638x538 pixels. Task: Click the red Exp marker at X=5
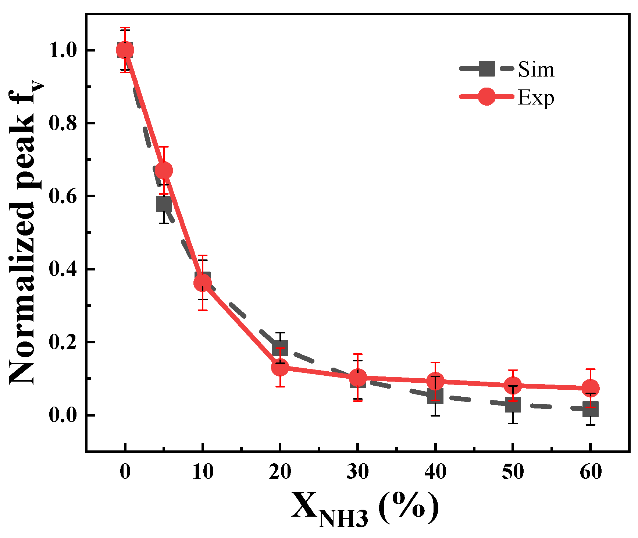[164, 170]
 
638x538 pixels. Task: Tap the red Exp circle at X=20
[280, 367]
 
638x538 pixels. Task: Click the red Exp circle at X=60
[591, 388]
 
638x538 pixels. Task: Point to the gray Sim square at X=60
[591, 409]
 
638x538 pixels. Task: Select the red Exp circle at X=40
[435, 381]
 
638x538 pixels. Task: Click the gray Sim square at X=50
[513, 405]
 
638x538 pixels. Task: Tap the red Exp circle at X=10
[202, 283]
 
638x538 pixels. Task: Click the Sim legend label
[536, 69]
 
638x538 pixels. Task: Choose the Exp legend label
[536, 98]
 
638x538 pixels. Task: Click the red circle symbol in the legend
[486, 97]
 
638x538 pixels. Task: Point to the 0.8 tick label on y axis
[63, 123]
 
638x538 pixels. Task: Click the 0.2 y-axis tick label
[63, 342]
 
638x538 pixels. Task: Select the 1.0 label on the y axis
[63, 50]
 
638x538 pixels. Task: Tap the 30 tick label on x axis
[357, 472]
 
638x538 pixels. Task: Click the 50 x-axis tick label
[513, 472]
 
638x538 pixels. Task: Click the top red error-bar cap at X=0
[125, 28]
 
